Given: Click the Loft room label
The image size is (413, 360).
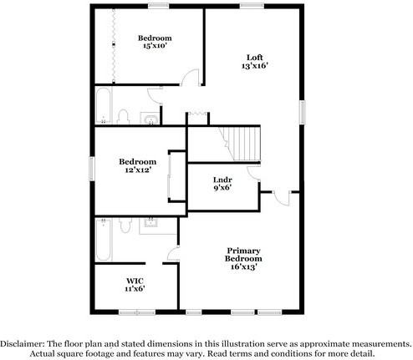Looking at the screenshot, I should pyautogui.click(x=254, y=57).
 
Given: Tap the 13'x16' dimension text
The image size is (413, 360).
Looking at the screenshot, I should pyautogui.click(x=254, y=66).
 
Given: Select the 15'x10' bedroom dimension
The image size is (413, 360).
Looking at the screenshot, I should pyautogui.click(x=155, y=48).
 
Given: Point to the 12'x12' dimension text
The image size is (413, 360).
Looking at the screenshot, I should pyautogui.click(x=137, y=170).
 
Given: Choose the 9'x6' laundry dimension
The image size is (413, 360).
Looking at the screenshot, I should pyautogui.click(x=222, y=188).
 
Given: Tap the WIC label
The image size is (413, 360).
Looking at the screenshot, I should pyautogui.click(x=135, y=280).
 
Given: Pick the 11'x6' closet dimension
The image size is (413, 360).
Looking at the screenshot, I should pyautogui.click(x=135, y=289).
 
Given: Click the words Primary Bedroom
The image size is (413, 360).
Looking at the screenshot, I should pyautogui.click(x=244, y=254).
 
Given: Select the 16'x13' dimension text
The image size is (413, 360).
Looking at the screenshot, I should pyautogui.click(x=244, y=267).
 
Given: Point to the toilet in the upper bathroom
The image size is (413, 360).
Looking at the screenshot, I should pyautogui.click(x=124, y=115).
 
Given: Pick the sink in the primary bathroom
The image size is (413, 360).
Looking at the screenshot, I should pyautogui.click(x=152, y=223).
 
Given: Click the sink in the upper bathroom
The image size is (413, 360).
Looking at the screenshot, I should pyautogui.click(x=150, y=116).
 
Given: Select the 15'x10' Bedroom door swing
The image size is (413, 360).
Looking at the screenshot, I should pyautogui.click(x=191, y=79).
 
